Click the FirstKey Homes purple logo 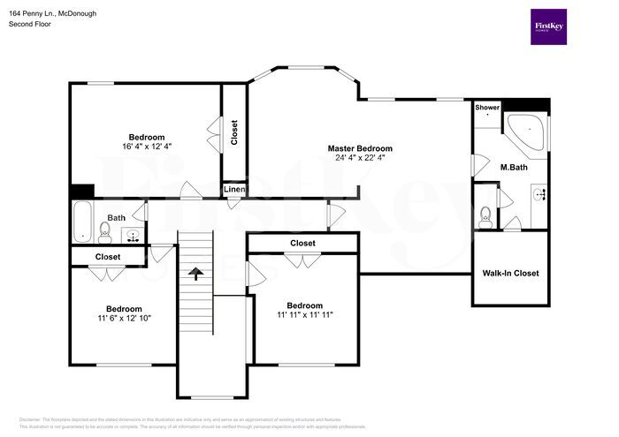point(549,26)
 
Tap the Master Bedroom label point(360,148)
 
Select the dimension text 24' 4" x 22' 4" point(360,158)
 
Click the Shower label point(487,108)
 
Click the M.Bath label point(514,168)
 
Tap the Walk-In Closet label point(510,274)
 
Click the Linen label point(233,190)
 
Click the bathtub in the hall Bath point(82,222)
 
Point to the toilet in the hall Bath point(104,231)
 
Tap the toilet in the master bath point(485,215)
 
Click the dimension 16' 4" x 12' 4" point(147,147)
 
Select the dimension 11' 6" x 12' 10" point(124,319)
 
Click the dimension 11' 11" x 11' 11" point(304,314)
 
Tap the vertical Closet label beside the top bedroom point(233,132)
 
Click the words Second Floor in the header point(30,25)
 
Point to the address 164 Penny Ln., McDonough point(54,13)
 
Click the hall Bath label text point(117,218)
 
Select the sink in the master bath point(539,195)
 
